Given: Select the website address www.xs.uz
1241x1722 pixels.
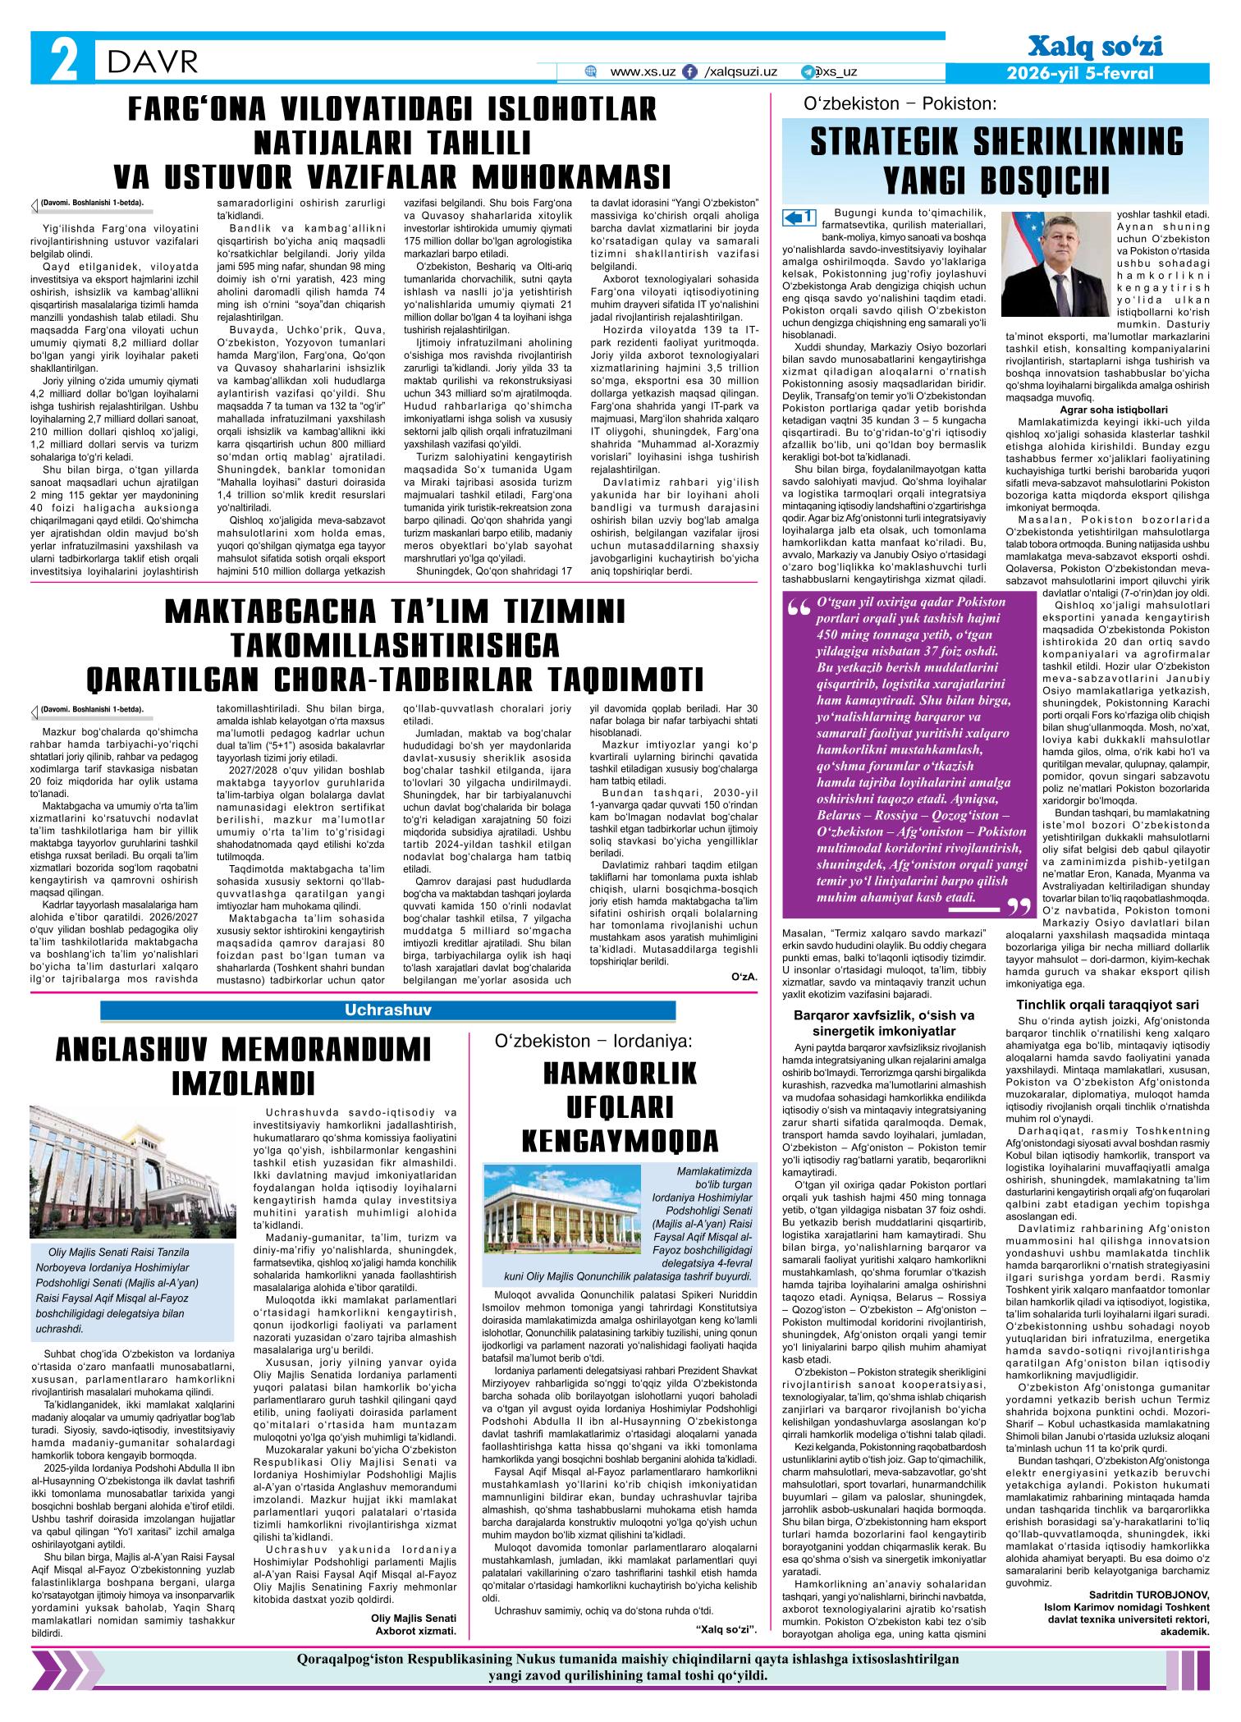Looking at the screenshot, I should [643, 72].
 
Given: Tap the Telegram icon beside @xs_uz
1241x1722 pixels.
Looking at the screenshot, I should [808, 72].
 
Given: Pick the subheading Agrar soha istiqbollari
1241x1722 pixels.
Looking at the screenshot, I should [1107, 408].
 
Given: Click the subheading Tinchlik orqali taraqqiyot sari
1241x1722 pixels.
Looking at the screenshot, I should [1108, 1005].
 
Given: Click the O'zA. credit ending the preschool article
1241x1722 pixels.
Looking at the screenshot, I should [744, 978].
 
